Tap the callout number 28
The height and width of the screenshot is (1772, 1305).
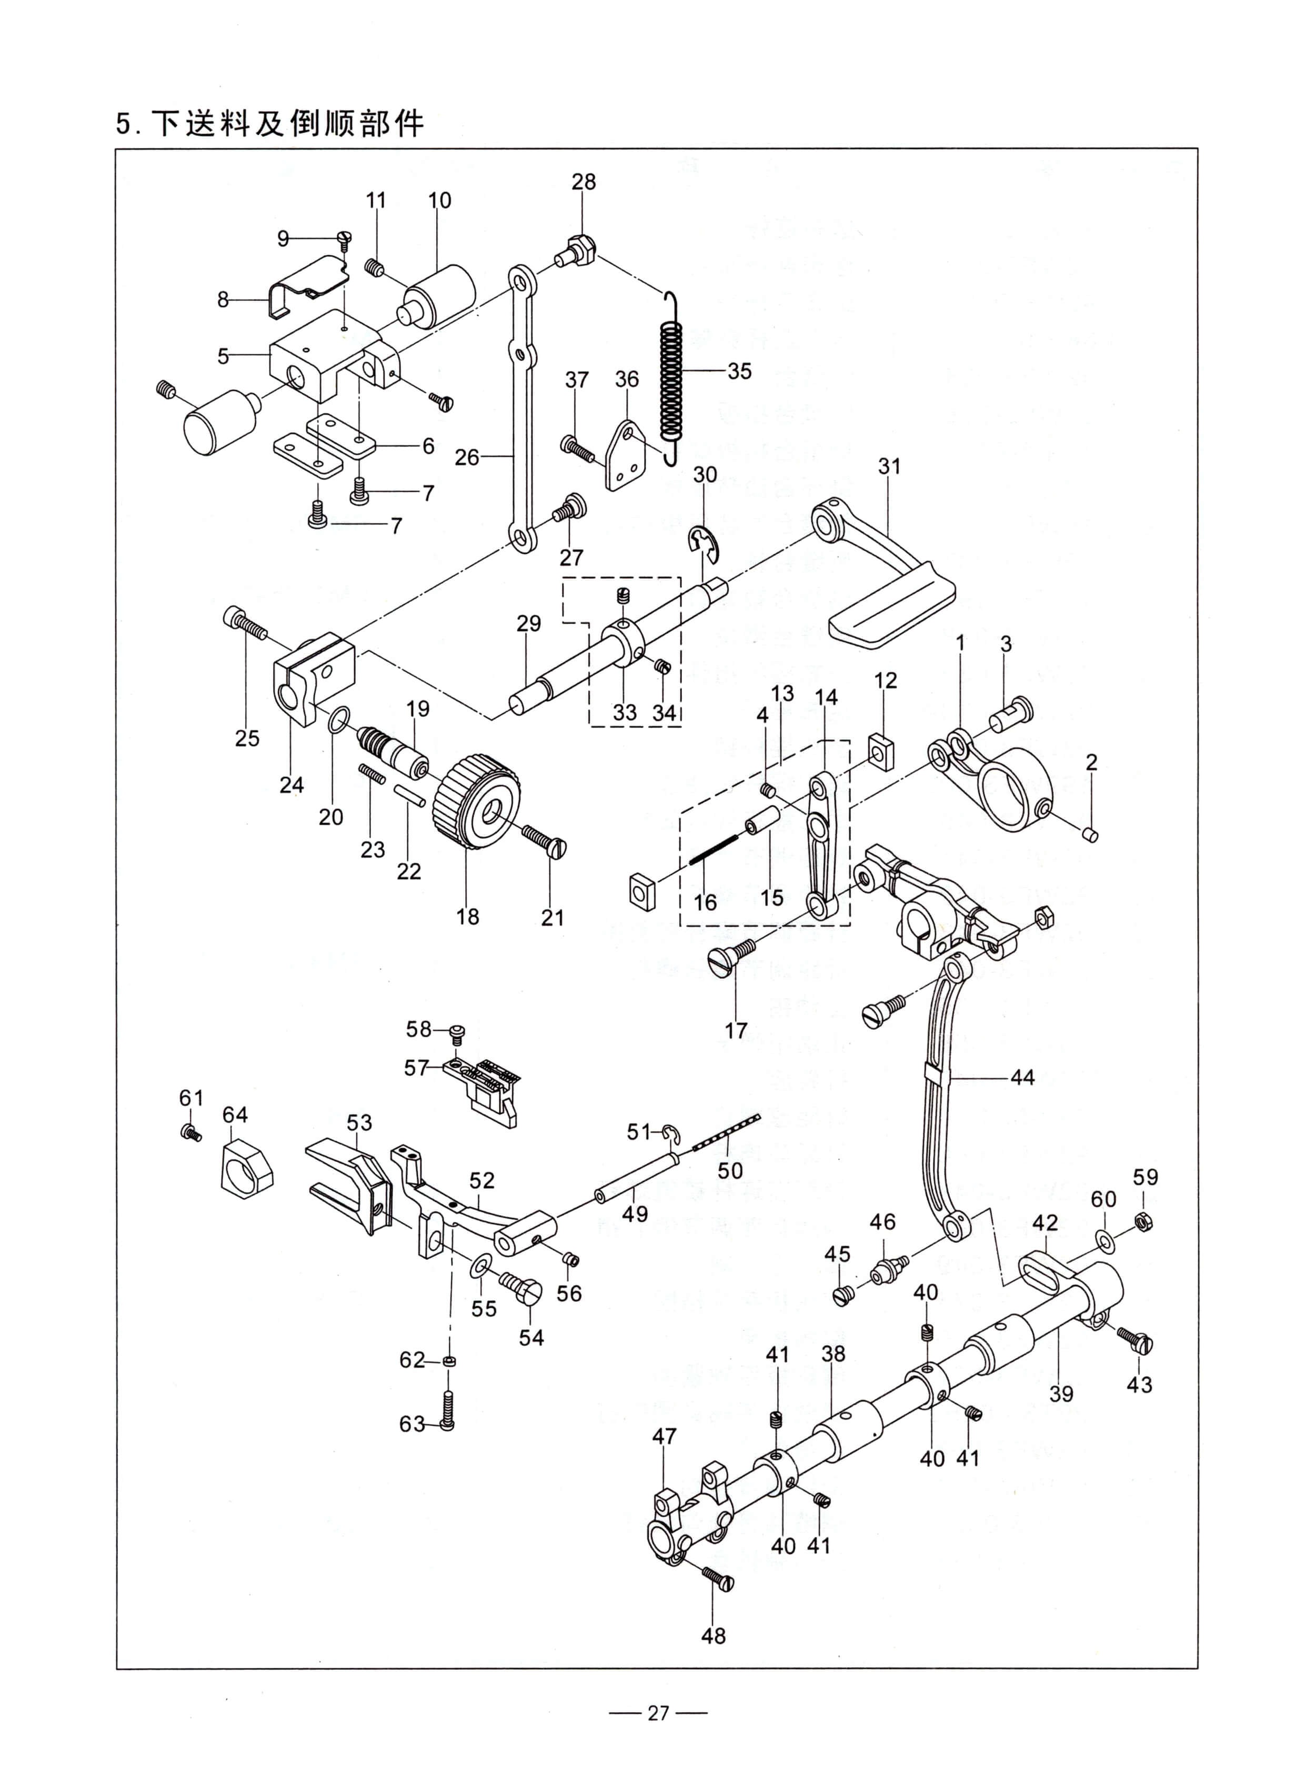click(x=584, y=182)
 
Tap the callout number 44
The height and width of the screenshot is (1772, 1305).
click(x=1022, y=1077)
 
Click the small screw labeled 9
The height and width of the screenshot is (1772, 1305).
click(x=344, y=236)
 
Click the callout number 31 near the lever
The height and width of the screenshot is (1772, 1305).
click(x=889, y=467)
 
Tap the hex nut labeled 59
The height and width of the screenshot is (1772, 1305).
click(x=1142, y=1222)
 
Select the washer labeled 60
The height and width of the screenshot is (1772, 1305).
click(x=1105, y=1239)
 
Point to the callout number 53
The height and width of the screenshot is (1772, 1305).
click(x=359, y=1122)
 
